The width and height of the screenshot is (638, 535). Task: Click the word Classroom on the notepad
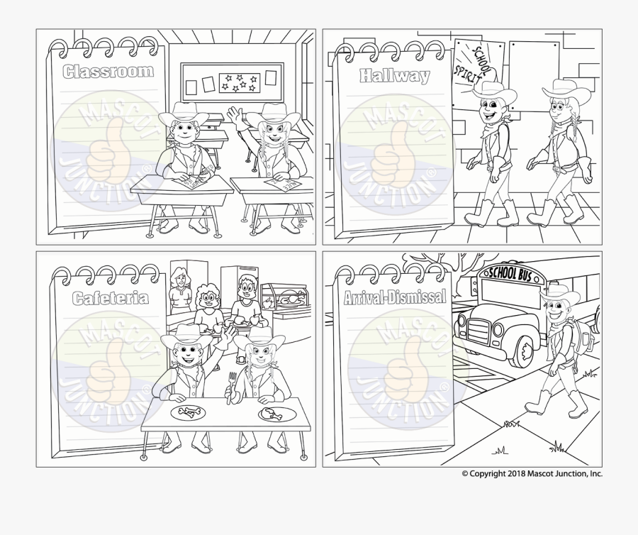108,71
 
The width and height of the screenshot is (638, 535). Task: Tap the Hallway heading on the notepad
395,75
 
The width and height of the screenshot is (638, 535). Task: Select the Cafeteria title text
111,297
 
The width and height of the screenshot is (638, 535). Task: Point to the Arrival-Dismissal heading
396,298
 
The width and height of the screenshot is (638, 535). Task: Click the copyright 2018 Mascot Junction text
532,474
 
